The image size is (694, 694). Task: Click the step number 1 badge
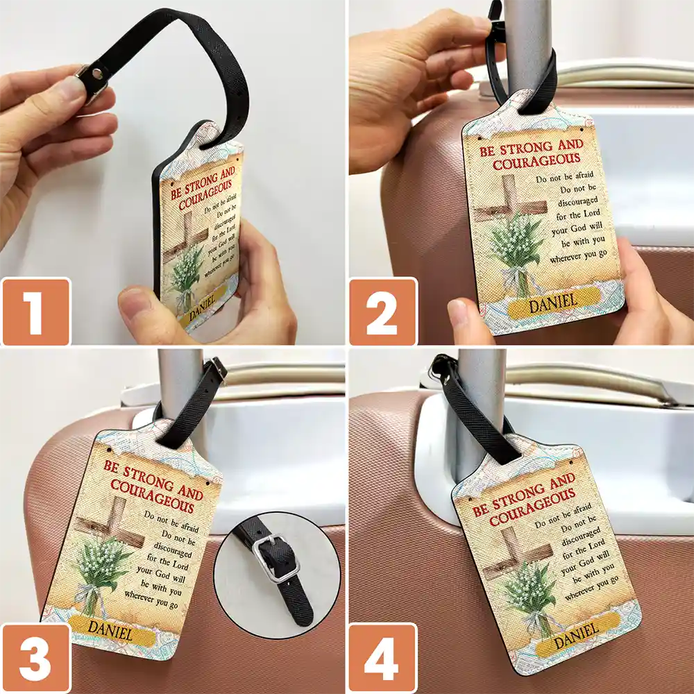(35, 312)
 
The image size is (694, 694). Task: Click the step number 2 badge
(382, 312)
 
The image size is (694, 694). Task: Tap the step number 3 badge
(35, 659)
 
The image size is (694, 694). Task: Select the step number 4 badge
(382, 659)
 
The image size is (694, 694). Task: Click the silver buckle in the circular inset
(276, 559)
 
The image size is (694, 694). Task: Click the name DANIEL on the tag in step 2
(553, 303)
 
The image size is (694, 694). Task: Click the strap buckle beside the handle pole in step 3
(217, 369)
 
